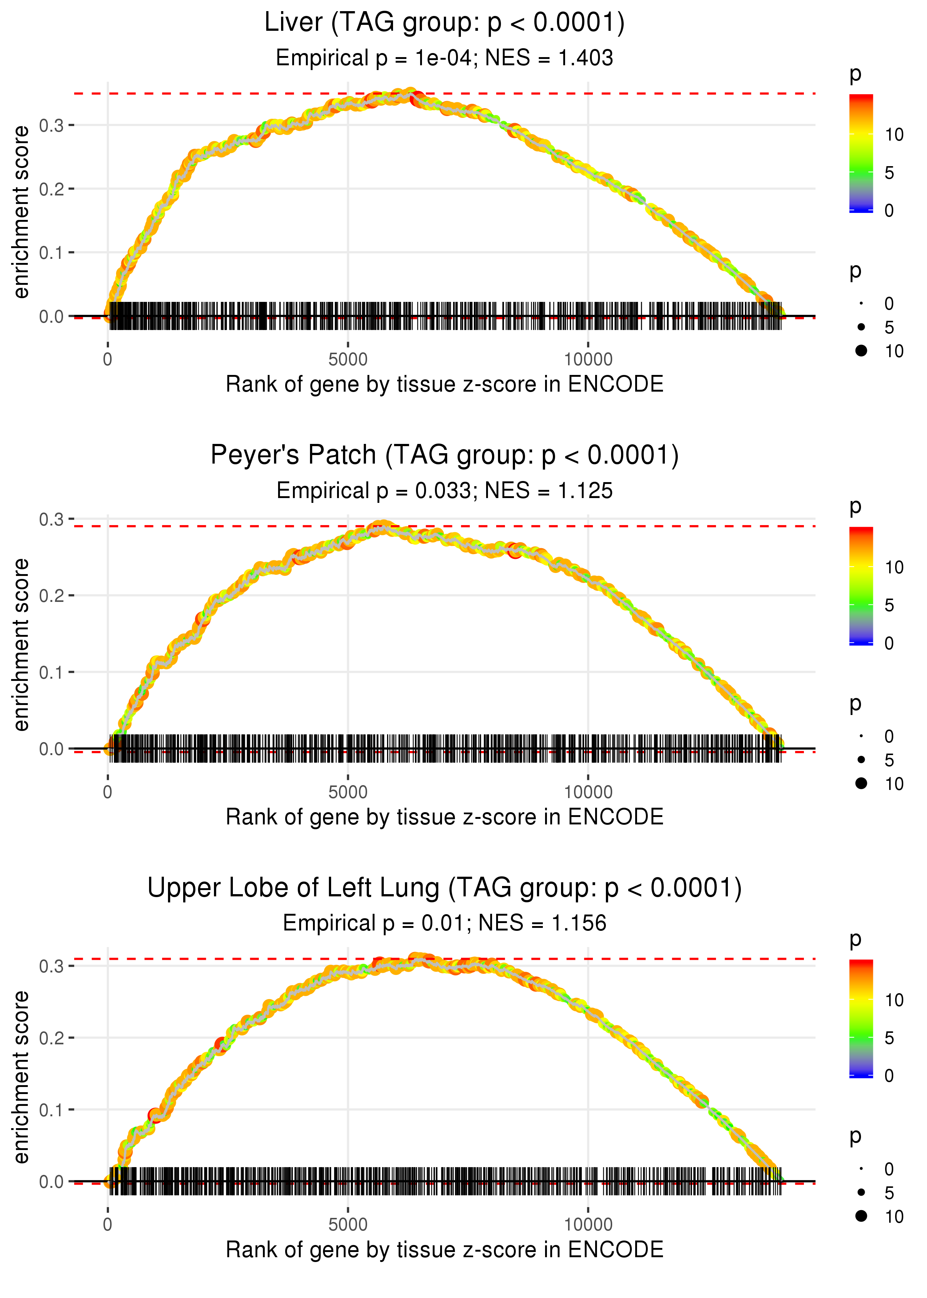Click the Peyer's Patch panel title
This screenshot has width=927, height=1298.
pyautogui.click(x=444, y=455)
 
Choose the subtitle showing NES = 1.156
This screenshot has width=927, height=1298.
pyautogui.click(x=444, y=923)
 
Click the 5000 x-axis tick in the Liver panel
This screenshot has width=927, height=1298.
pyautogui.click(x=348, y=360)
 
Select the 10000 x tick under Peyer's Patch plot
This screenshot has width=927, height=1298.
pyautogui.click(x=588, y=792)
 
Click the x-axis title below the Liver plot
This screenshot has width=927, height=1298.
pyautogui.click(x=444, y=385)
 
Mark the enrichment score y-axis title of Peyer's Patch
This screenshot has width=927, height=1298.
pyautogui.click(x=21, y=645)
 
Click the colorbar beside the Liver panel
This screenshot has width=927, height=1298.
pyautogui.click(x=861, y=153)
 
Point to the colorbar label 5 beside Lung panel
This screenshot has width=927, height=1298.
pyautogui.click(x=889, y=1038)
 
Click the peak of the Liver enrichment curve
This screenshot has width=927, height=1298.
pyautogui.click(x=409, y=93)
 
